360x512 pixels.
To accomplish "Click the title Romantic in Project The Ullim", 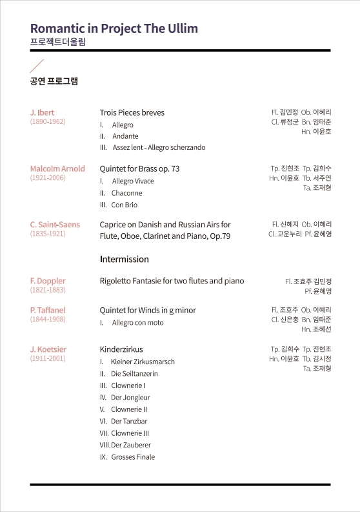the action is [114, 28].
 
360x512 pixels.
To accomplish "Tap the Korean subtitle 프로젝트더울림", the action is [57, 42].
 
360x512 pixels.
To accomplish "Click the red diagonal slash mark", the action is [37, 65].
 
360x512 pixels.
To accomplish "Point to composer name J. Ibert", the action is [43, 112].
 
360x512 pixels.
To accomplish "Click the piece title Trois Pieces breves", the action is [132, 112].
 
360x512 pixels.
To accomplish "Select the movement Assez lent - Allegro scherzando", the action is [159, 147].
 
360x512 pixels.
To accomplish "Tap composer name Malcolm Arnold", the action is [57, 169].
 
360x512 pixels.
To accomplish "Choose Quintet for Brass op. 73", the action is [139, 169].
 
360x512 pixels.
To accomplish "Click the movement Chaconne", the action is [126, 193].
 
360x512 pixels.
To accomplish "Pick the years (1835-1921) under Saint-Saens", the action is [48, 234].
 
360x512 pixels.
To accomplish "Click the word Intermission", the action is [124, 259].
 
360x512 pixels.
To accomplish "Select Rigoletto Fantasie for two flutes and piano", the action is [172, 281].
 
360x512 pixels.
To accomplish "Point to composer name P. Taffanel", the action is [48, 310].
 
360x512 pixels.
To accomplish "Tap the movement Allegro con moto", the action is [137, 322].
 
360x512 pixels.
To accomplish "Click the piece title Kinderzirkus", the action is [121, 349].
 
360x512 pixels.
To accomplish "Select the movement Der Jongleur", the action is [130, 398].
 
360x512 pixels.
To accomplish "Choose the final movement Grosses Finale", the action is [133, 457].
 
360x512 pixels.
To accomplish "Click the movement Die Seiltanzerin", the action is [134, 374].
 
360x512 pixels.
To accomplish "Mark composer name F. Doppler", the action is [48, 281].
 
